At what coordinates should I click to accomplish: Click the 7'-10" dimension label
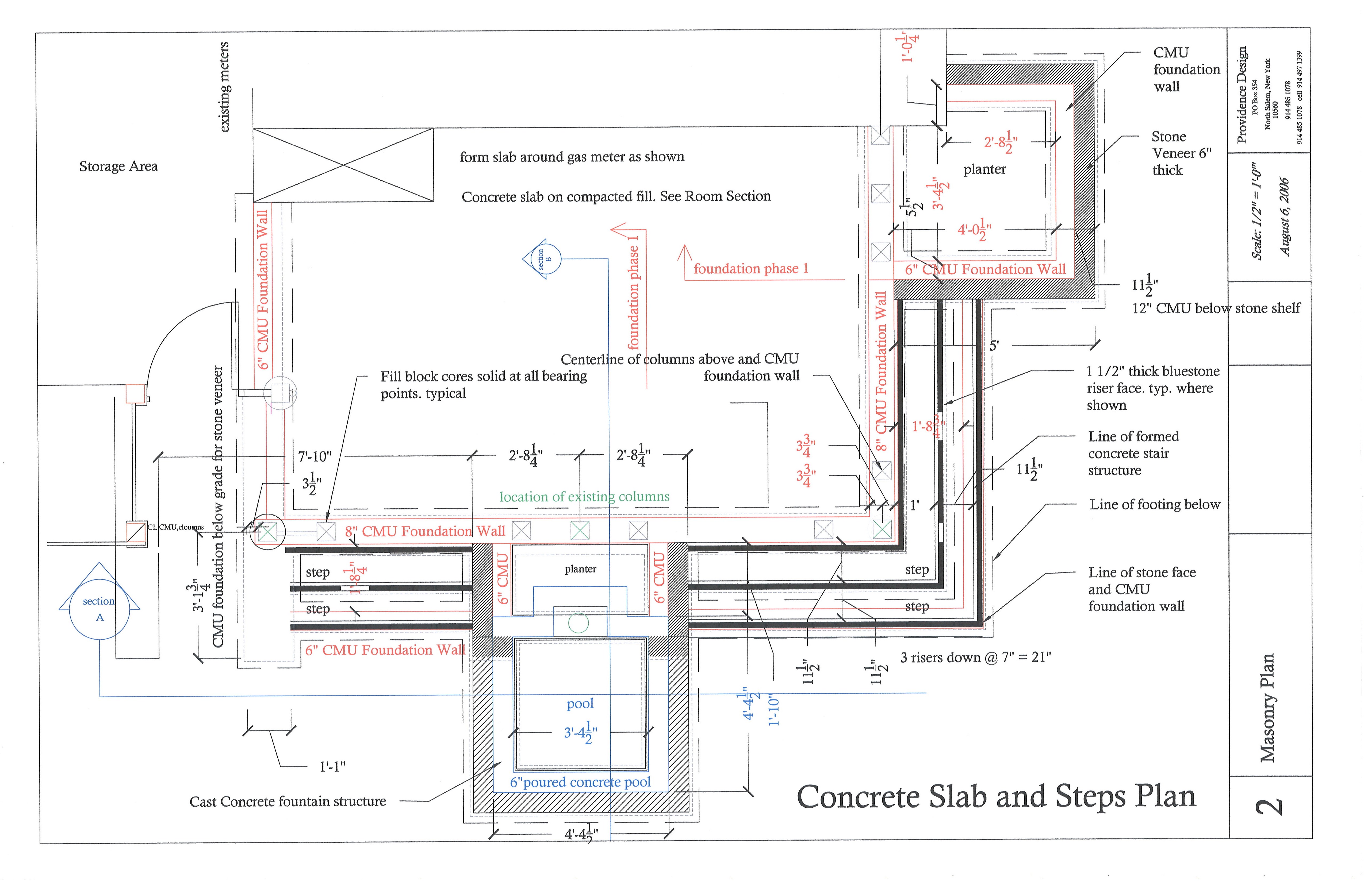point(315,457)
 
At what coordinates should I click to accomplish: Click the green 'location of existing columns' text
point(584,497)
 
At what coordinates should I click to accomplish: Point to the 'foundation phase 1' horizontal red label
point(751,269)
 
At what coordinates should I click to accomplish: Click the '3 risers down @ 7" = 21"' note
point(975,657)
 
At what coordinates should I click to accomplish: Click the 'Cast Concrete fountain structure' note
point(288,801)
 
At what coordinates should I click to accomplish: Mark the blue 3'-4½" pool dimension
point(581,733)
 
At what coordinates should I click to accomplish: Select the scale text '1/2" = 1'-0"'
point(1257,211)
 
